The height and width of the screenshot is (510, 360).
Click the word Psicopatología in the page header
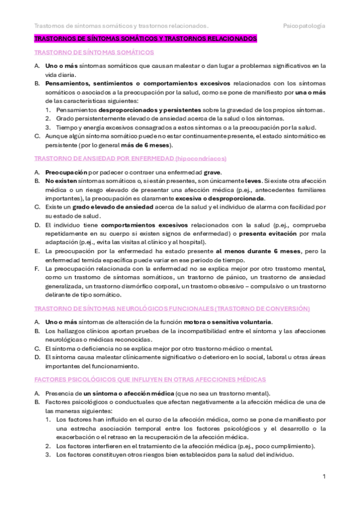(305, 26)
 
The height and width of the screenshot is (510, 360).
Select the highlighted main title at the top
(145, 39)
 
